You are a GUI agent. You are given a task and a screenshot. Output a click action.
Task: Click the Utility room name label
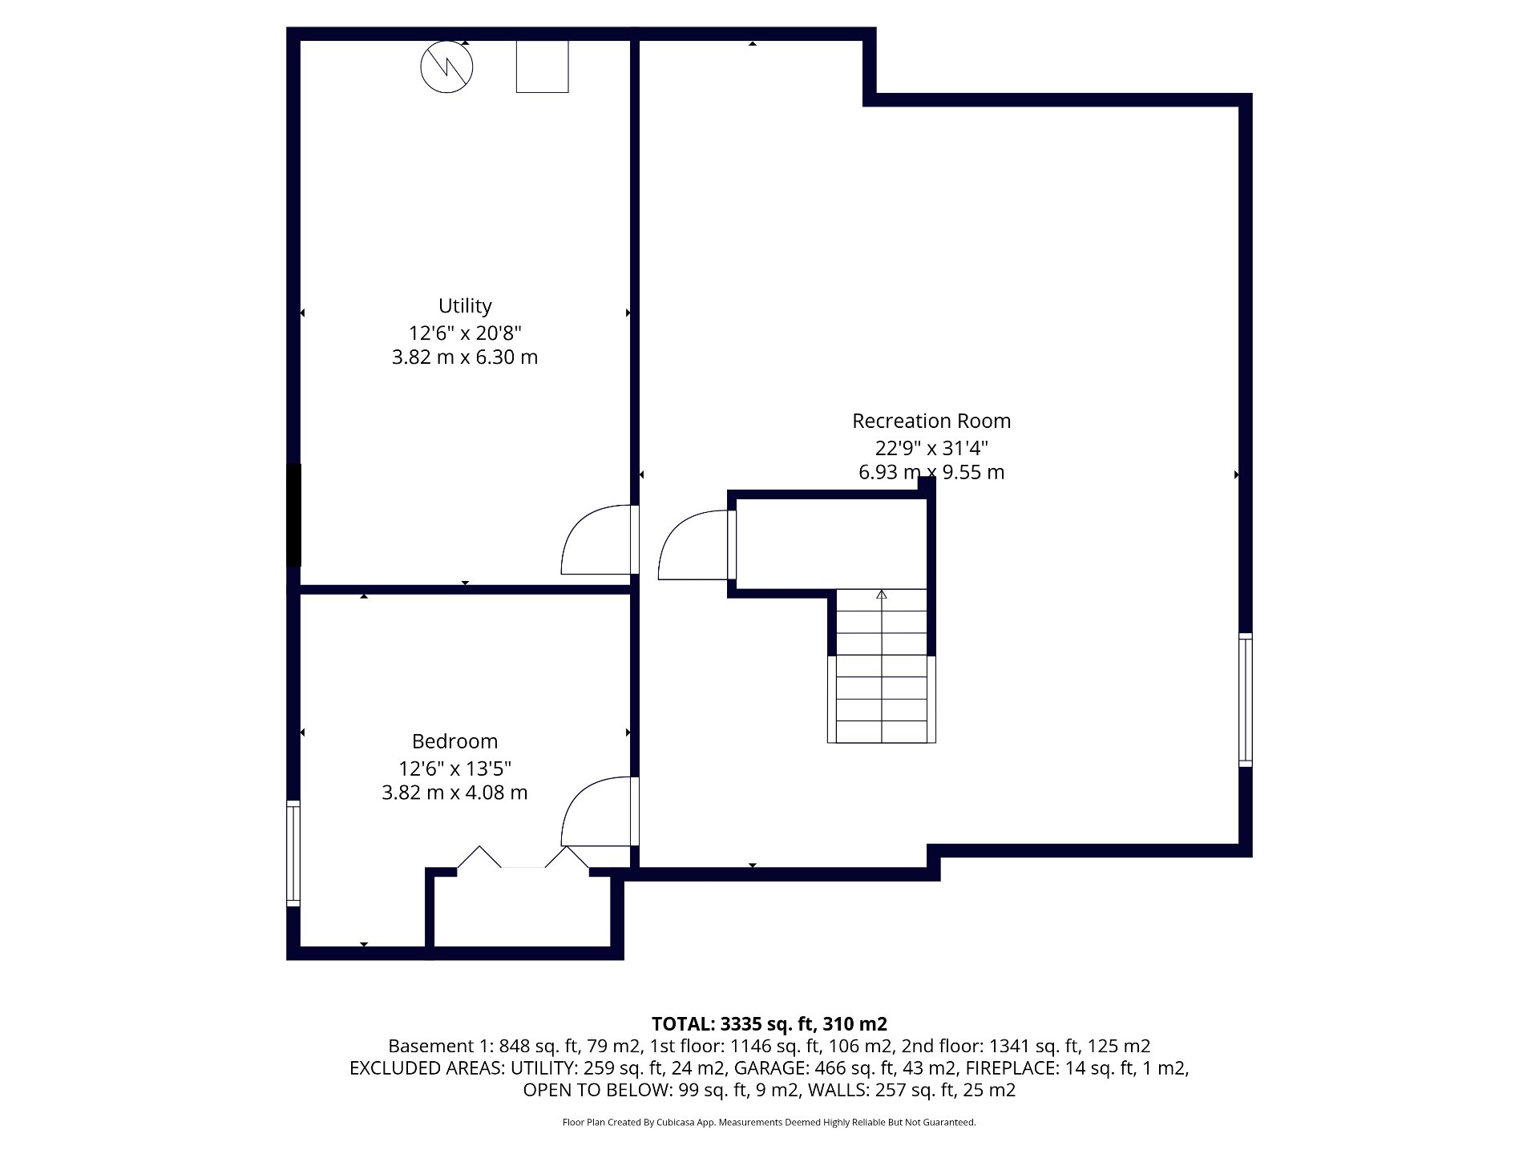[465, 306]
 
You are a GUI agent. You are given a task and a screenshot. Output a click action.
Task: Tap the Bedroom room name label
[454, 741]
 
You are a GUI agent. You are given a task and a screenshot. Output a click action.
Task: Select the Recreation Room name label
[931, 421]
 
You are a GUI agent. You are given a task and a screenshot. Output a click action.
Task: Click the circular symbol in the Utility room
[446, 67]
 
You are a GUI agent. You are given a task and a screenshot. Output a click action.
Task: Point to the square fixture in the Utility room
[542, 67]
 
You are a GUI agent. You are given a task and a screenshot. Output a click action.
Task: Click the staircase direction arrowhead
[882, 594]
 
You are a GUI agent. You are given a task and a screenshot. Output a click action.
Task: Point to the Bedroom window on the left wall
[293, 853]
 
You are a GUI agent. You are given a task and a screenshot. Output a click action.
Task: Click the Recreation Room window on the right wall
[1245, 700]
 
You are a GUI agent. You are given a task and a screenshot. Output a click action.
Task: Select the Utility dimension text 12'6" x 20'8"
[465, 333]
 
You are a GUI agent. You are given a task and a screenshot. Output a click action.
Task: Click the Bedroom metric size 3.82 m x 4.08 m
[454, 793]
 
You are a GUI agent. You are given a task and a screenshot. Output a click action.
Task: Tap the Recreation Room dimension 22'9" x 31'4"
[931, 447]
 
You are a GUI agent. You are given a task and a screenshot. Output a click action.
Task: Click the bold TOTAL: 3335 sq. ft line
[769, 1023]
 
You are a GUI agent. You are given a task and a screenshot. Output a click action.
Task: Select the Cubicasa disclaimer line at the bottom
[769, 1122]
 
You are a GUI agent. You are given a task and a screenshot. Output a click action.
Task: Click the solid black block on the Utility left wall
[293, 515]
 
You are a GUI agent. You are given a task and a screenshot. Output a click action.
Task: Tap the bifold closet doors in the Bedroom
[523, 857]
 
